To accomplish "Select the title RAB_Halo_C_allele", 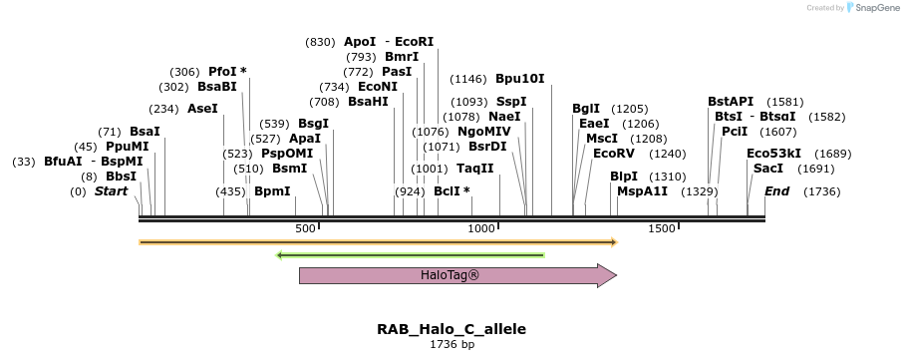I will [x=452, y=329].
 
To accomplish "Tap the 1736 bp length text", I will [x=452, y=345].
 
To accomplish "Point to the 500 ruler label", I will [x=306, y=229].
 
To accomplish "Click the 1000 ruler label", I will [x=482, y=229].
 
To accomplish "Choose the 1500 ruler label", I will [x=662, y=229].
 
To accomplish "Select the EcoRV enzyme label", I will [x=614, y=154].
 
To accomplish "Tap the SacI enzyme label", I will [x=769, y=169].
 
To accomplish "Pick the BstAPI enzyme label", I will [x=731, y=101].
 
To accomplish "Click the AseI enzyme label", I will [x=202, y=109].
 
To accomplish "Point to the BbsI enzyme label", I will [x=122, y=176].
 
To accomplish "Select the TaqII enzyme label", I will [x=475, y=169].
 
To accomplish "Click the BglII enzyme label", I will [x=586, y=109].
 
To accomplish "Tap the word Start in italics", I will [x=112, y=190].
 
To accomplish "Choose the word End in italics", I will [x=776, y=190].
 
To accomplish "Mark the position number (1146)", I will [x=468, y=79].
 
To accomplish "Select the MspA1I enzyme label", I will [x=642, y=190].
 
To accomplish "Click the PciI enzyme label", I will [x=735, y=131].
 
